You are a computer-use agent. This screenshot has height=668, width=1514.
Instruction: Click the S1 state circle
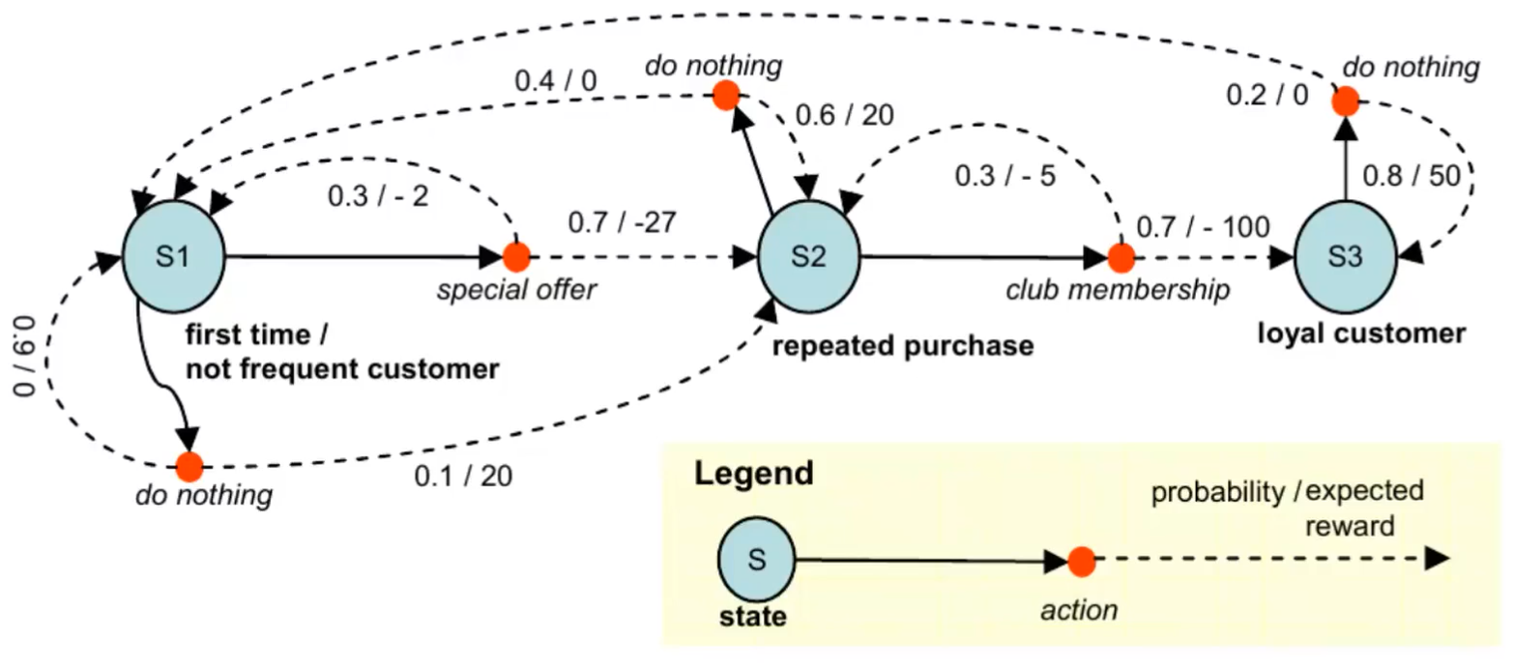(174, 257)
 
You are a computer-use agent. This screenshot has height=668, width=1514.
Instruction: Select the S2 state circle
(808, 257)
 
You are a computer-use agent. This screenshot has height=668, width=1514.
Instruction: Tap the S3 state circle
(1345, 257)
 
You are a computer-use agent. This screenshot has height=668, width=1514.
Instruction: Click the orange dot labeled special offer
(517, 257)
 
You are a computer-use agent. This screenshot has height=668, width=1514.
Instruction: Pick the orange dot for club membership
(1121, 257)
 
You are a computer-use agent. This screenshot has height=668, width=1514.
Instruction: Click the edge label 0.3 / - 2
(378, 197)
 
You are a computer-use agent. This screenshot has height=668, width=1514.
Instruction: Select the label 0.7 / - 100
(1202, 228)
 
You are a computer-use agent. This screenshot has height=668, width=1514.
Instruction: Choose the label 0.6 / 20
(844, 115)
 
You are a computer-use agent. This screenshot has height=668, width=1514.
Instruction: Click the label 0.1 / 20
(463, 475)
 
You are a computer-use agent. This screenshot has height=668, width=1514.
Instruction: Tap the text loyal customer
(1360, 334)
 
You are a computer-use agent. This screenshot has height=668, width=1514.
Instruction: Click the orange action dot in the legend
(1080, 561)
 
